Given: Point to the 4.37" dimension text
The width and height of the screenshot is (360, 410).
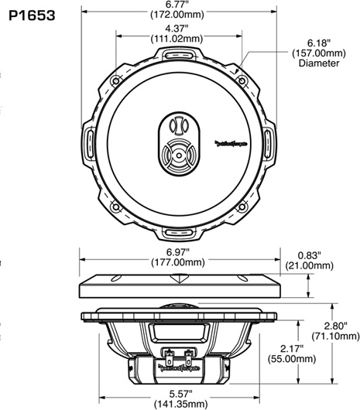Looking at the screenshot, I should tap(178, 29).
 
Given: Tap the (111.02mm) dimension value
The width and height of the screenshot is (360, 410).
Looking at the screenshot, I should tap(178, 39).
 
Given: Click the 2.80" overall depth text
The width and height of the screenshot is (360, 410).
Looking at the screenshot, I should tap(334, 326).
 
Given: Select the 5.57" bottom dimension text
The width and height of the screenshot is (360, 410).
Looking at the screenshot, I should tap(178, 394).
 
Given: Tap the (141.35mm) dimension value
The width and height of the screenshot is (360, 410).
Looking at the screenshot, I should tap(178, 404).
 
